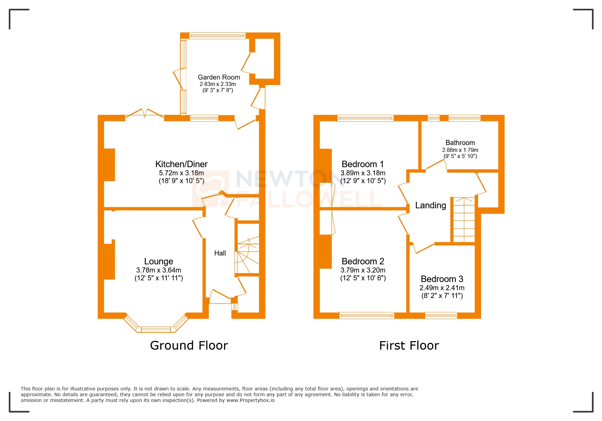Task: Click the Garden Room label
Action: point(219,77)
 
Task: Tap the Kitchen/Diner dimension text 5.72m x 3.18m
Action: point(181,173)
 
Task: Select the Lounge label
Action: point(158,261)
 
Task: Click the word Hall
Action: point(220,253)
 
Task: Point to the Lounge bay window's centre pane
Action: point(156,329)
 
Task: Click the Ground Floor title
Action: point(189,346)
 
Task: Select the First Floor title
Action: point(409,346)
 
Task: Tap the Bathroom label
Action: point(460,143)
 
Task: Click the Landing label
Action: point(430,205)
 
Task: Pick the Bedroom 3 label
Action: point(442,279)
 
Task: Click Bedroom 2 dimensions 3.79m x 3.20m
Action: point(363,270)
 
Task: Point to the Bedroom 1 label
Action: point(362,164)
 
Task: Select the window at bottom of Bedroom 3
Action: point(441,315)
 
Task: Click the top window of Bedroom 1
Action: point(365,118)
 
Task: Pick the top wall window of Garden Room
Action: point(217,36)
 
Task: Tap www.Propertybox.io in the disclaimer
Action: point(250,400)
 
